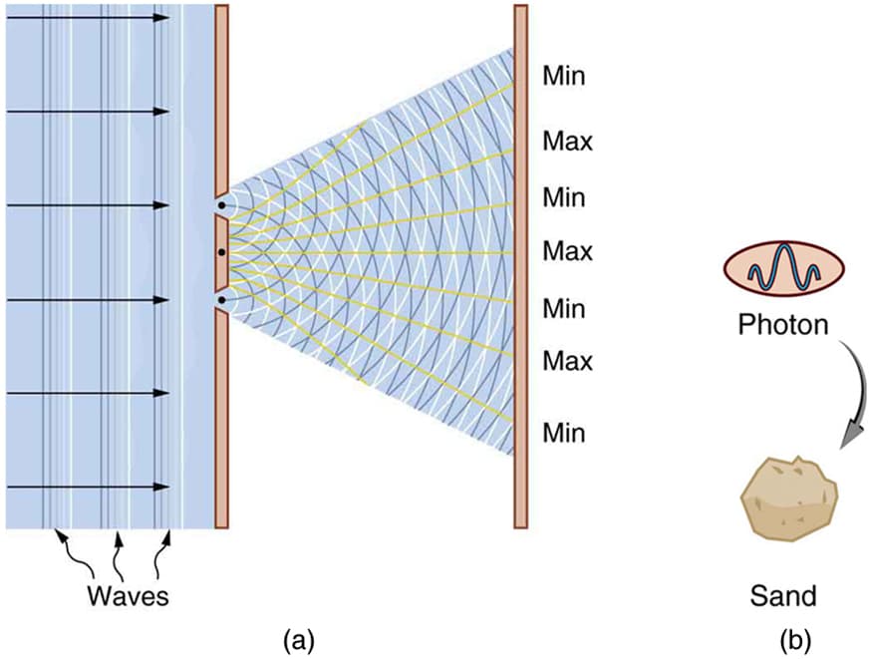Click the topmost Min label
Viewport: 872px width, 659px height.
564,76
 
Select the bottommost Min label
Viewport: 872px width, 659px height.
564,434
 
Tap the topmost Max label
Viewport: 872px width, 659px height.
567,141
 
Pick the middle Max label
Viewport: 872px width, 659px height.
567,251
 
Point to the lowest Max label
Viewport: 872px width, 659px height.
567,361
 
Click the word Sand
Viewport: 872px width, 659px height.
782,596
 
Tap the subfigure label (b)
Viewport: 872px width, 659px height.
796,637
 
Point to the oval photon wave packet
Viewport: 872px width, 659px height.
784,271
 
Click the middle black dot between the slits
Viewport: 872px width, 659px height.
221,252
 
